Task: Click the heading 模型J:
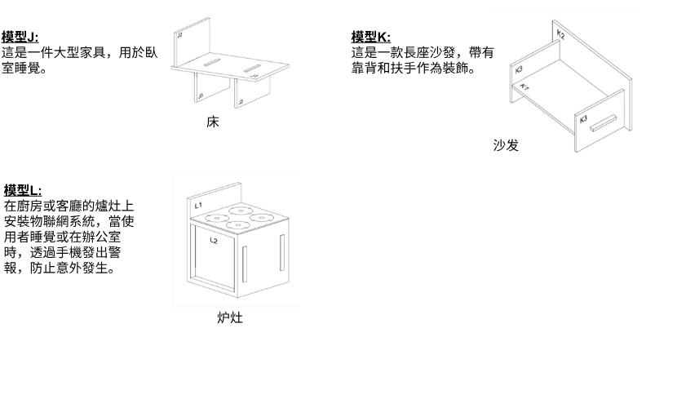(x=20, y=37)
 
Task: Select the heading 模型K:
(x=371, y=37)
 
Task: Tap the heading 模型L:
(x=23, y=190)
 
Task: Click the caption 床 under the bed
(x=213, y=122)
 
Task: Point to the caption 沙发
(x=506, y=145)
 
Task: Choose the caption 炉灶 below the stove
(x=230, y=317)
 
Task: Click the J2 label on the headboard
(x=179, y=34)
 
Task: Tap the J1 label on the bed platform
(x=254, y=76)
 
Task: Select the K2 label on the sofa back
(x=561, y=34)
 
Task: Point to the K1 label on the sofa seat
(x=524, y=87)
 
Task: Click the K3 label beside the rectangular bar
(x=583, y=119)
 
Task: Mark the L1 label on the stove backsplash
(x=198, y=205)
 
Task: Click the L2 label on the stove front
(x=214, y=240)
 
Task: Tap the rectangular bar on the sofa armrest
(x=603, y=123)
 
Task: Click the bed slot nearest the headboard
(x=212, y=62)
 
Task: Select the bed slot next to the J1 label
(x=252, y=69)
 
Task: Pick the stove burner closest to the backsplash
(x=241, y=211)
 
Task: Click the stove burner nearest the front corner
(x=238, y=225)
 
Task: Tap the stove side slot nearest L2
(x=245, y=264)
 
